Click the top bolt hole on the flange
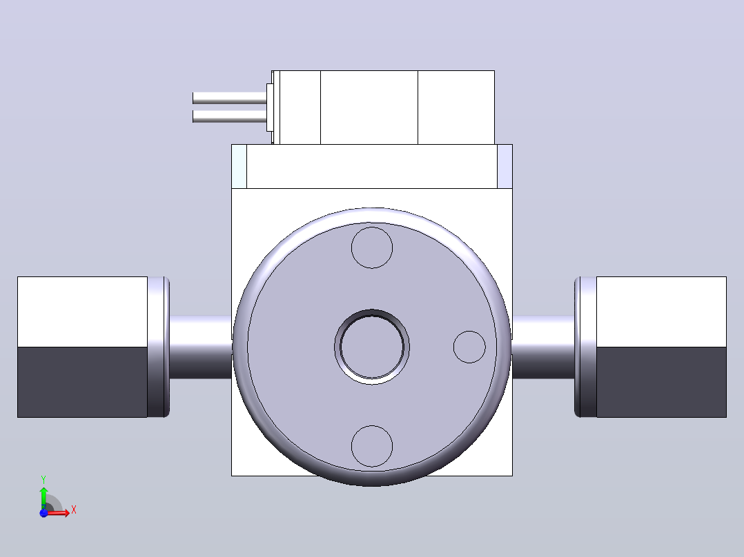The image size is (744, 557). pyautogui.click(x=372, y=247)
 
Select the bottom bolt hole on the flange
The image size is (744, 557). pyautogui.click(x=372, y=446)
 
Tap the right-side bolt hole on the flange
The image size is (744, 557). pyautogui.click(x=469, y=347)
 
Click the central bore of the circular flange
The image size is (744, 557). pyautogui.click(x=372, y=347)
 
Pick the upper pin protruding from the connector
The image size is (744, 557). pyautogui.click(x=230, y=99)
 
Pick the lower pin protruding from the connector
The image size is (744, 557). pyautogui.click(x=230, y=117)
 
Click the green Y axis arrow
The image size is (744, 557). pyautogui.click(x=43, y=497)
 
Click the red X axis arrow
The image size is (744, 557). pyautogui.click(x=59, y=512)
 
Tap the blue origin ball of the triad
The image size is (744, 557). pyautogui.click(x=43, y=513)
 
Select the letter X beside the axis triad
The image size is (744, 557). pyautogui.click(x=74, y=510)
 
